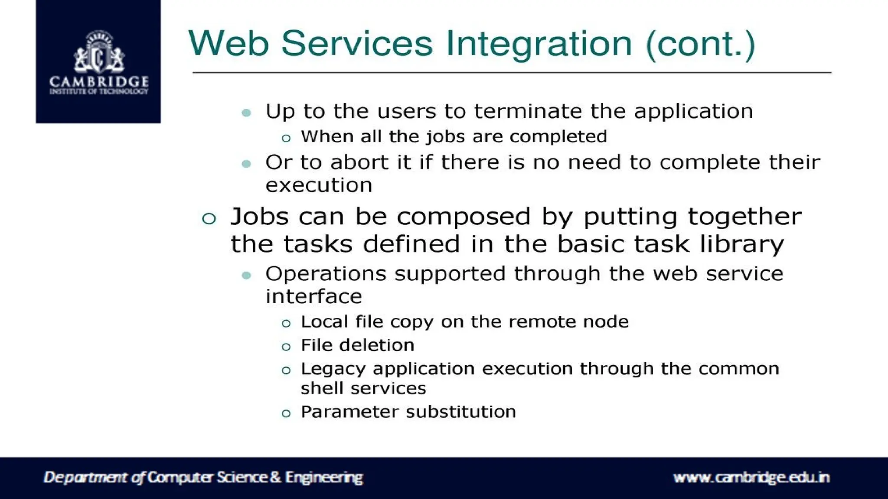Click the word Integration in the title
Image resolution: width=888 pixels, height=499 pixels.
tap(539, 44)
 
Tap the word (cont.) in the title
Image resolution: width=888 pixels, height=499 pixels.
tap(700, 44)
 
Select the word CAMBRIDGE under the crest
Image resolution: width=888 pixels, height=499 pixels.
tap(99, 81)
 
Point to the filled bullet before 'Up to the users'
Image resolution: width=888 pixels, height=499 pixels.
tap(246, 113)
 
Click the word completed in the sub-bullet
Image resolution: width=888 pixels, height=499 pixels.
tap(558, 136)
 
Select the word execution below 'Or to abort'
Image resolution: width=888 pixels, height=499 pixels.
tap(319, 185)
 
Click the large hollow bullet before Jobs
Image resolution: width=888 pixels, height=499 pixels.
tap(209, 218)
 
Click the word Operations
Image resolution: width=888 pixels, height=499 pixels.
tap(326, 274)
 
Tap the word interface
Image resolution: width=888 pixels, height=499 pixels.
tap(313, 297)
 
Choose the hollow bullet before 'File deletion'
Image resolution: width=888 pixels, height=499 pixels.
tap(286, 347)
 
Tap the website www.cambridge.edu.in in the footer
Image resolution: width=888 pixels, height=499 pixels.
tap(751, 477)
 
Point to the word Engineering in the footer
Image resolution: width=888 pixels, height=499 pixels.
tap(324, 477)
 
